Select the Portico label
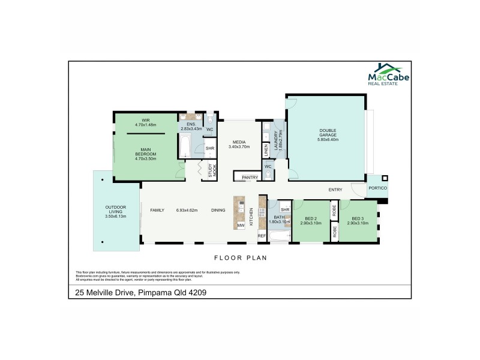click(x=378, y=188)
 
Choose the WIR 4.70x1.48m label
click(x=145, y=122)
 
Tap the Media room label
click(x=238, y=144)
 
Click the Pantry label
click(x=250, y=178)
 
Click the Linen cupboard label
click(x=266, y=150)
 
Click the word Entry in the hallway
click(x=335, y=190)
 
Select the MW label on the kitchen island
click(x=240, y=225)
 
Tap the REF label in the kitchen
click(x=262, y=236)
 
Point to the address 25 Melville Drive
click(x=141, y=292)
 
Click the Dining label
click(x=218, y=210)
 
